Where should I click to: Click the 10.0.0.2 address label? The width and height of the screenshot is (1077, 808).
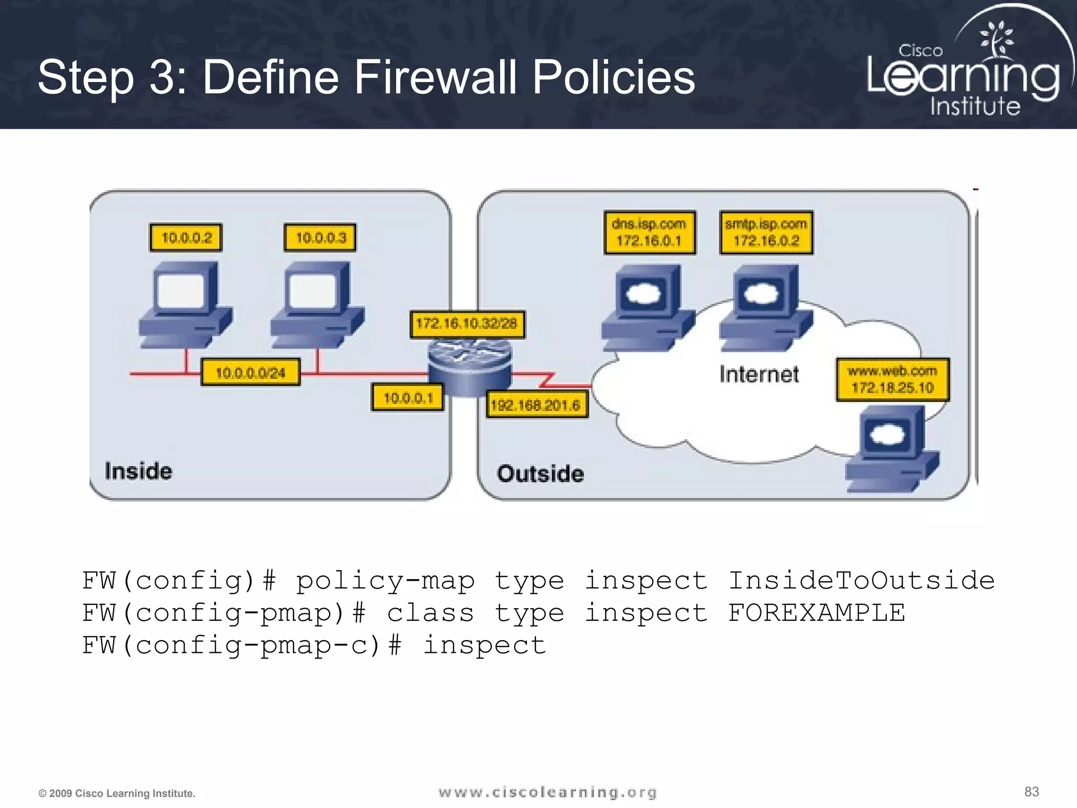186,238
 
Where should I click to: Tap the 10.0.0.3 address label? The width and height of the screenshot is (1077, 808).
320,238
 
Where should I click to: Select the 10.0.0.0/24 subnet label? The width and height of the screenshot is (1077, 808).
250,372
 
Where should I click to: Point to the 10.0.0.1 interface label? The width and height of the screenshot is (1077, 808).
408,398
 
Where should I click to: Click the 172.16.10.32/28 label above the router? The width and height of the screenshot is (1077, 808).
466,323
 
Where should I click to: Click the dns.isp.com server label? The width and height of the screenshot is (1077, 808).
649,233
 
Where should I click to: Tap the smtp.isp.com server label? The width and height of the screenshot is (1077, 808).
766,233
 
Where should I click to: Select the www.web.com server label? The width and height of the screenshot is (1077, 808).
892,380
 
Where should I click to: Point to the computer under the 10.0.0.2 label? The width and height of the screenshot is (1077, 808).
186,305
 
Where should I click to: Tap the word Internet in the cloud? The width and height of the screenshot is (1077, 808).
759,375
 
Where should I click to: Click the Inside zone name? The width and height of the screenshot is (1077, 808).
138,471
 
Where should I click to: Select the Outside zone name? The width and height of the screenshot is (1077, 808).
540,474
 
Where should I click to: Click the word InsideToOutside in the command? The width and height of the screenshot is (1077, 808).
861,580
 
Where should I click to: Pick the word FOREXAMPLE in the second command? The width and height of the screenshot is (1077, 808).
816,613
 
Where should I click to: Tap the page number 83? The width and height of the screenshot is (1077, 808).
1032,792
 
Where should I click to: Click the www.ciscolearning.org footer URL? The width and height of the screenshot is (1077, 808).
547,792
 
